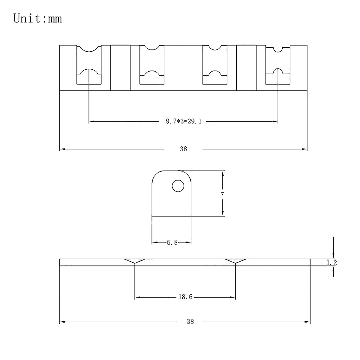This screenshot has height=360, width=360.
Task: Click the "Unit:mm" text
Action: click(x=37, y=19)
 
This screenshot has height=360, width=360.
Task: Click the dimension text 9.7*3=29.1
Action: click(x=184, y=121)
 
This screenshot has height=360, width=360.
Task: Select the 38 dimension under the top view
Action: click(x=184, y=149)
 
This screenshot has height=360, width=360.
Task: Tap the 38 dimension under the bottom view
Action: click(x=190, y=322)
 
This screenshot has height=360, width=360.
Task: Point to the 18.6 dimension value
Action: click(x=185, y=297)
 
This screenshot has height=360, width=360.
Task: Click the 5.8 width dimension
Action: click(x=172, y=242)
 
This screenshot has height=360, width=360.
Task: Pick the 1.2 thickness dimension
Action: click(x=331, y=263)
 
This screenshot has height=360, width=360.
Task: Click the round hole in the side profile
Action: click(x=178, y=186)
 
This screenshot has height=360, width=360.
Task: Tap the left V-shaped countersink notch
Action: click(x=135, y=261)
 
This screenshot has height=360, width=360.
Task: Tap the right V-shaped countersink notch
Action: click(x=235, y=261)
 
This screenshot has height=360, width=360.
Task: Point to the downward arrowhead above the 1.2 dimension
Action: click(x=333, y=256)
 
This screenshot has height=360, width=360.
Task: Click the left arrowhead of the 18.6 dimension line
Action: click(x=138, y=297)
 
